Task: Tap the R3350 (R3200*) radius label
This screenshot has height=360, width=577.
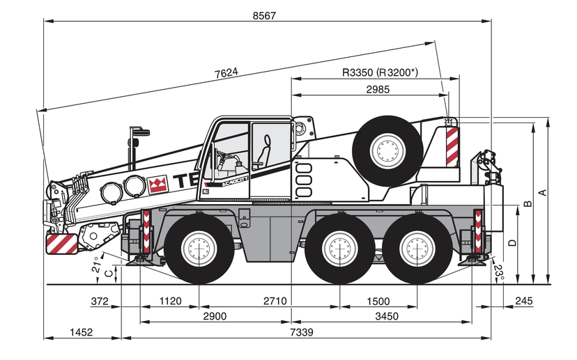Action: click(x=380, y=72)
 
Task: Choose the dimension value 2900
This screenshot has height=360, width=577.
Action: click(x=215, y=316)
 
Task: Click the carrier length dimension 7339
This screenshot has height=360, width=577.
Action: click(x=300, y=333)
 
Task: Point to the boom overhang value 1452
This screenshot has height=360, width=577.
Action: click(x=81, y=333)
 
